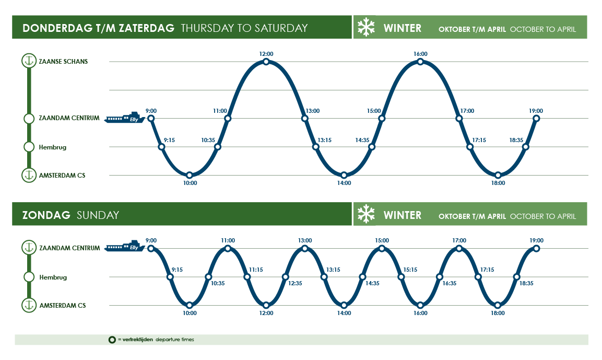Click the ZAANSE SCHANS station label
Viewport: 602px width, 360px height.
(x=63, y=61)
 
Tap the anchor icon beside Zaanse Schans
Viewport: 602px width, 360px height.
(x=29, y=61)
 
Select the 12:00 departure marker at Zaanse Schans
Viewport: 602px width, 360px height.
(x=266, y=62)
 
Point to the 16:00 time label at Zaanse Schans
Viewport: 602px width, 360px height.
(x=420, y=54)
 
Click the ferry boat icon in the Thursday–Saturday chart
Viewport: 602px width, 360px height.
(x=124, y=118)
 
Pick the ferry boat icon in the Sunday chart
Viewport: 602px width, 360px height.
(x=124, y=247)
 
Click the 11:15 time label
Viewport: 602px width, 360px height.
(x=256, y=270)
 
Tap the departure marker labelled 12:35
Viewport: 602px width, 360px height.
(x=286, y=277)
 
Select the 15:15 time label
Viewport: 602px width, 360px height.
(x=410, y=270)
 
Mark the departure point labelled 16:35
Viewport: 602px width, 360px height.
(x=440, y=277)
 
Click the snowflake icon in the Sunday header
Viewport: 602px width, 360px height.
(x=366, y=215)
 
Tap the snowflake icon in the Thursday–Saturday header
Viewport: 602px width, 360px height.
(x=366, y=27)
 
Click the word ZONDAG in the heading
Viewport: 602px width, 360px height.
(x=46, y=215)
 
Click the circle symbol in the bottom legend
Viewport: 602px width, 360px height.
(x=112, y=340)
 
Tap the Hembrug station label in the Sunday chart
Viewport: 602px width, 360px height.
(x=53, y=277)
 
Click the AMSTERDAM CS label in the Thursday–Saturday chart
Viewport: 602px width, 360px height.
(x=62, y=175)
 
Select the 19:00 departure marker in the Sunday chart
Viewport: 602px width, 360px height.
(x=536, y=248)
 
